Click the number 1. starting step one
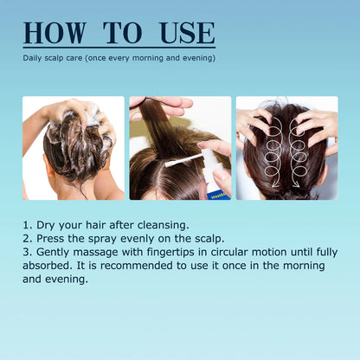[x=29, y=225]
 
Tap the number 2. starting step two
[x=29, y=238]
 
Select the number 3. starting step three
[x=29, y=252]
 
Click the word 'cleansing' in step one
[x=160, y=225]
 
